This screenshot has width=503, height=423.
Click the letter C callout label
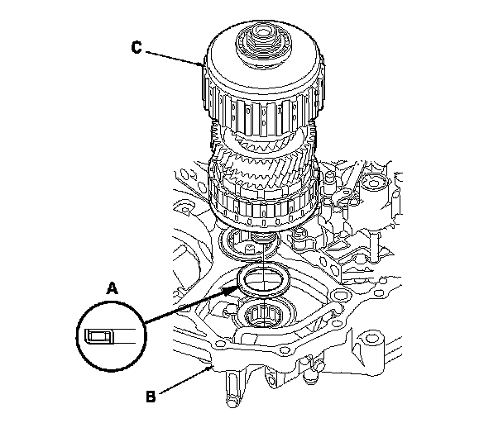coord(137,46)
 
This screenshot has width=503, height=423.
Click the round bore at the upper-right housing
coord(377,183)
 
